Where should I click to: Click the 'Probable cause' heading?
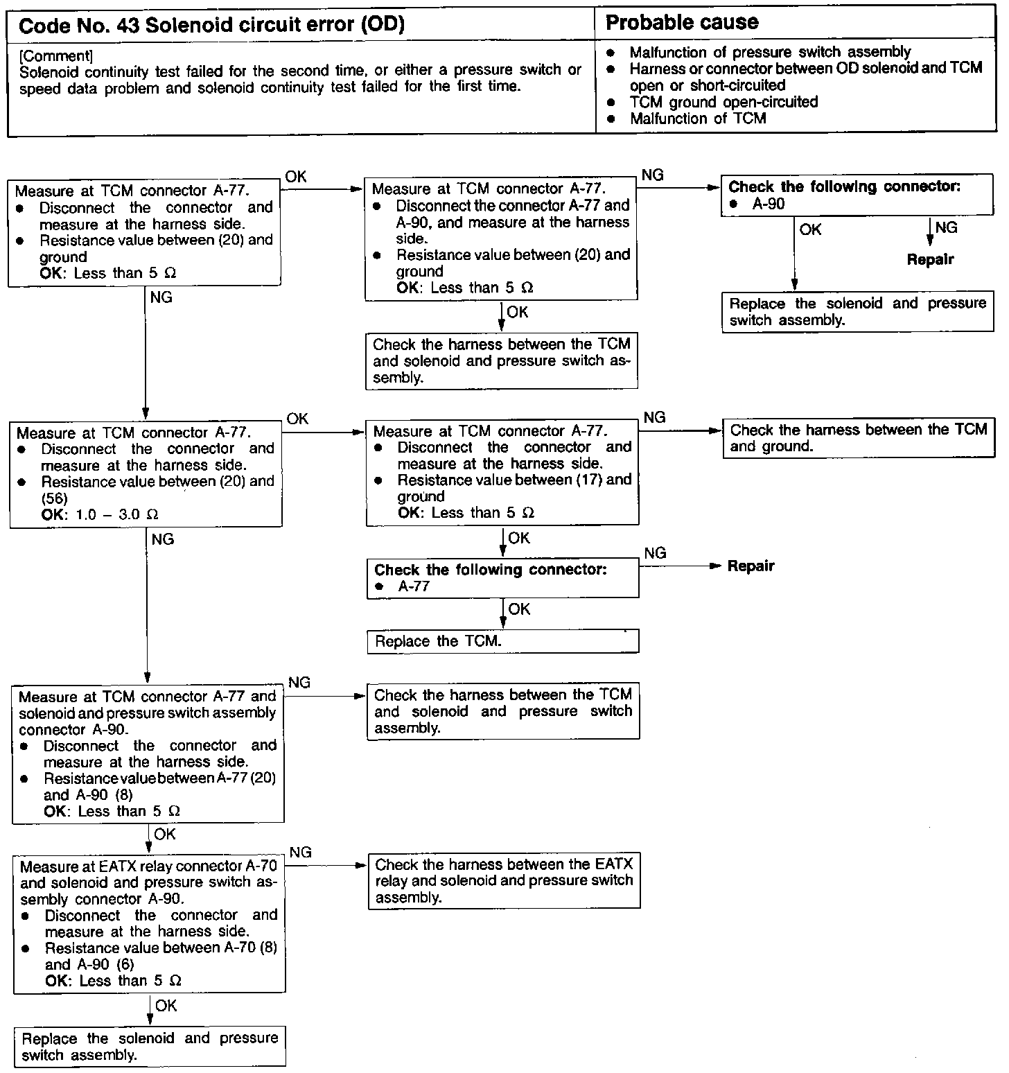click(682, 23)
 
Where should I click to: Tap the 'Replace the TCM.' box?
click(502, 641)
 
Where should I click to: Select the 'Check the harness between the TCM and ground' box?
click(858, 438)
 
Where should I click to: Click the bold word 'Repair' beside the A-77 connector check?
click(751, 566)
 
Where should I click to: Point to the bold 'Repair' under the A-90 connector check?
click(930, 260)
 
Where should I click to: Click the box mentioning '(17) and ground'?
click(502, 472)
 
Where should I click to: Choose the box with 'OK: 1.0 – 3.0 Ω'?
click(146, 474)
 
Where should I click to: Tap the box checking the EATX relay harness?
click(504, 880)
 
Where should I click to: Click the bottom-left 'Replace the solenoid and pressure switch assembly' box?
click(150, 1046)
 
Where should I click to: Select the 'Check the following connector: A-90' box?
click(857, 195)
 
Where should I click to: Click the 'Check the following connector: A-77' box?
click(502, 578)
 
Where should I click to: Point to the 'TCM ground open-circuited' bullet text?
click(723, 102)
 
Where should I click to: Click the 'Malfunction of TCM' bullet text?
click(697, 119)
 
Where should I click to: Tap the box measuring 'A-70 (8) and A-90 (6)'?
click(149, 923)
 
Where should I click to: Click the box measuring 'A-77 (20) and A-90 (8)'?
click(148, 753)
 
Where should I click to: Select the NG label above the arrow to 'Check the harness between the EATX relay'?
click(300, 852)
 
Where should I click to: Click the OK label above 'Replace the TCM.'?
click(519, 609)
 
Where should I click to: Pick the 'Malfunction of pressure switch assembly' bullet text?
click(770, 52)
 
